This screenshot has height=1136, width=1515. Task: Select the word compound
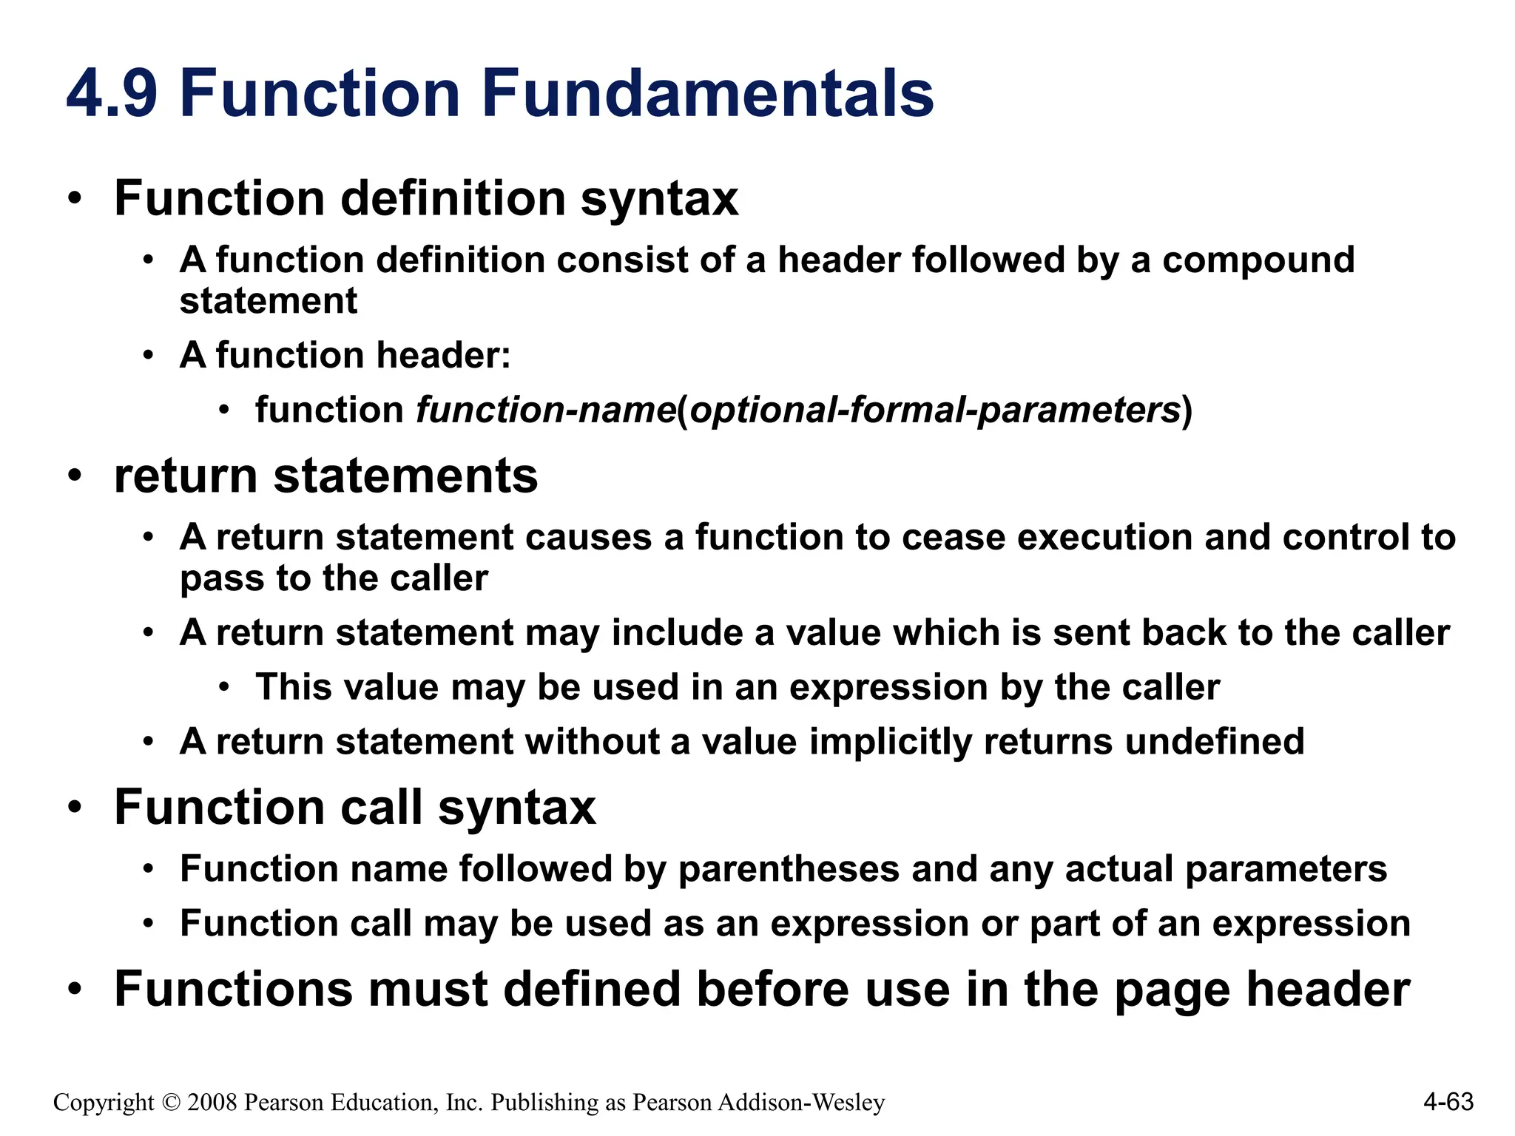[1258, 261]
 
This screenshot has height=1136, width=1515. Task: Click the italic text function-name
[546, 410]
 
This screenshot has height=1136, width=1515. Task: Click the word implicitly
[891, 742]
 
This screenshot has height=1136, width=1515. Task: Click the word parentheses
[789, 869]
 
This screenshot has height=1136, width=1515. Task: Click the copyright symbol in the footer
[171, 1103]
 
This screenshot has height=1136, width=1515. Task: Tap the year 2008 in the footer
[212, 1103]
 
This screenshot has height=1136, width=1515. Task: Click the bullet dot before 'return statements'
[74, 476]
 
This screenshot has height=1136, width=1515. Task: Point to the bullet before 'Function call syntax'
[74, 808]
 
